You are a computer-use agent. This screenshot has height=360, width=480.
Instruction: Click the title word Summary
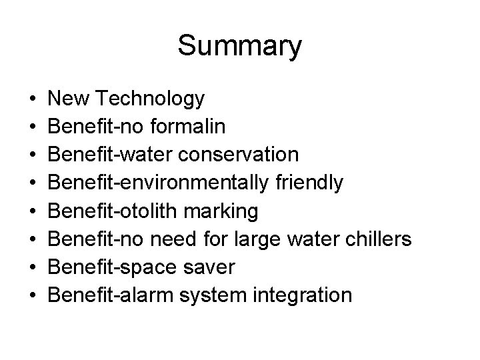point(239,46)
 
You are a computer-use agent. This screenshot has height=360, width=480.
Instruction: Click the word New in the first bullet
point(70,99)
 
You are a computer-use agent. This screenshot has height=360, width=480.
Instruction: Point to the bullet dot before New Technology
point(33,100)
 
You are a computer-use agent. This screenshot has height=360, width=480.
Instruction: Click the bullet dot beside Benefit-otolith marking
point(33,211)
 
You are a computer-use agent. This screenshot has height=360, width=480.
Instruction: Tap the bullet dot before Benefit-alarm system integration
point(33,295)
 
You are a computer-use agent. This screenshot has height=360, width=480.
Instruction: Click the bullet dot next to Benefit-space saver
point(33,267)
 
